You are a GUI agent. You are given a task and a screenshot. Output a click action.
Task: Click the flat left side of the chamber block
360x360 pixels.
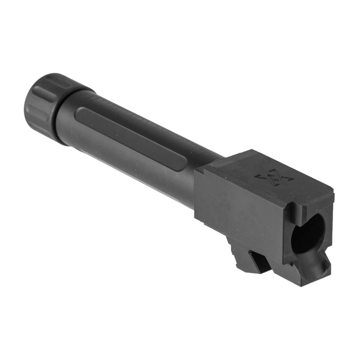pyautogui.click(x=231, y=206)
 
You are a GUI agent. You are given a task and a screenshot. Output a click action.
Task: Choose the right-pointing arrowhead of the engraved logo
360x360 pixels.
pyautogui.click(x=289, y=181)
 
